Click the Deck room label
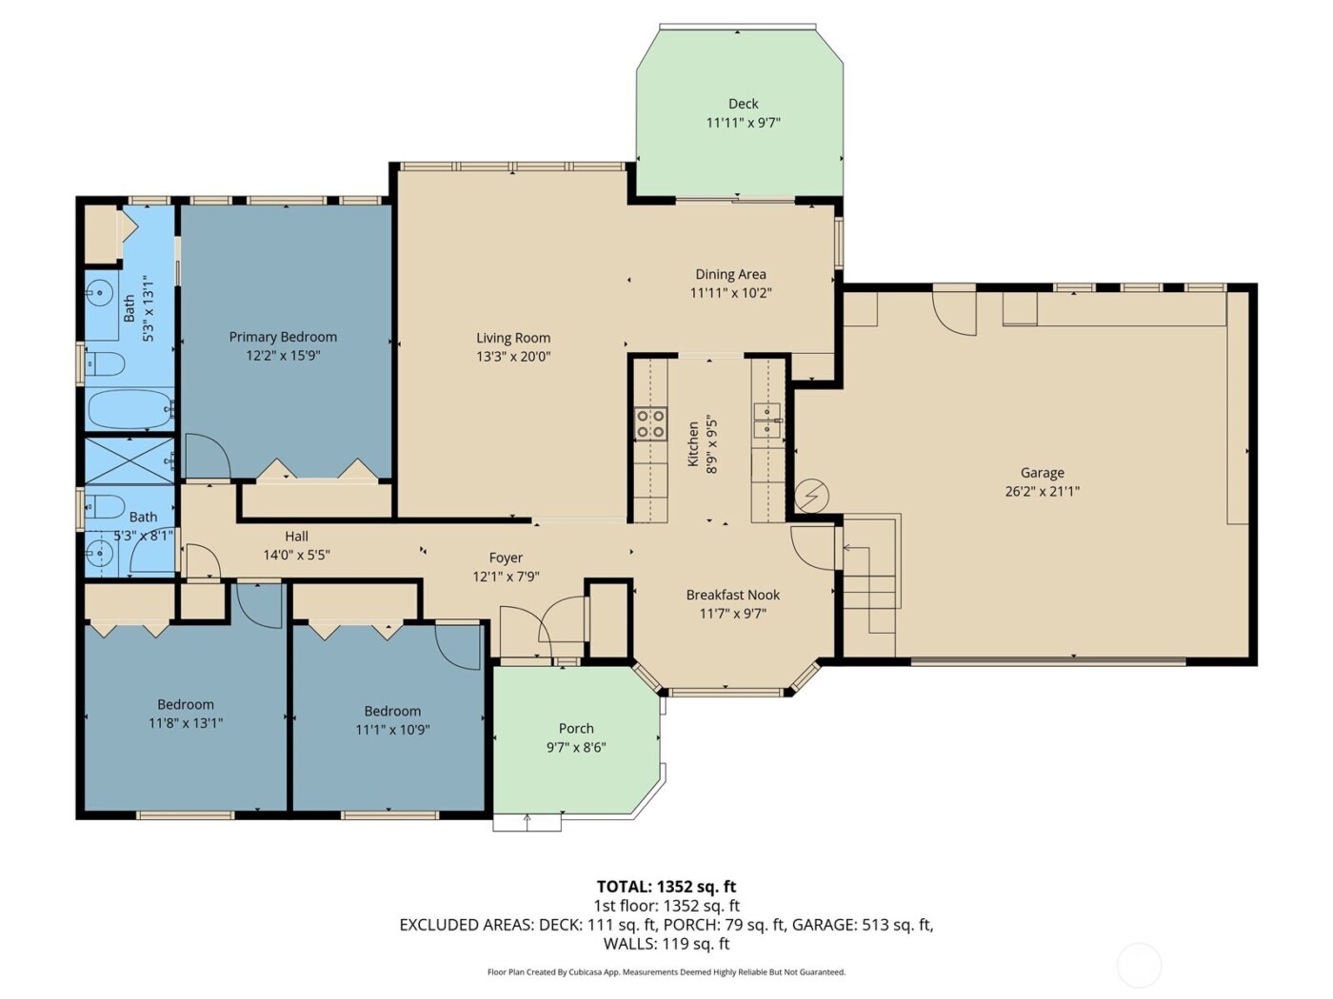coord(743,104)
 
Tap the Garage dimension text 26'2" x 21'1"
coord(1042,492)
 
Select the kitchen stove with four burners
coord(651,423)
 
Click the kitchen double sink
coord(766,421)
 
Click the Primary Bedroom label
coord(283,337)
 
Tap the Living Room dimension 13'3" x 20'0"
coord(513,357)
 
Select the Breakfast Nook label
coord(732,595)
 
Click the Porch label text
coord(576,728)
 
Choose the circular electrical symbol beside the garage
coord(812,495)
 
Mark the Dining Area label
coord(730,274)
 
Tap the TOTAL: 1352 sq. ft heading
coord(666,887)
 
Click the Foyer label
coord(506,558)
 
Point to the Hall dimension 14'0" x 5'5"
coord(296,555)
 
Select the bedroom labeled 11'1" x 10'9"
coord(392,720)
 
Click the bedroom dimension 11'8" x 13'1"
coord(186,723)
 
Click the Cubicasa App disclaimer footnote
coord(666,972)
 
